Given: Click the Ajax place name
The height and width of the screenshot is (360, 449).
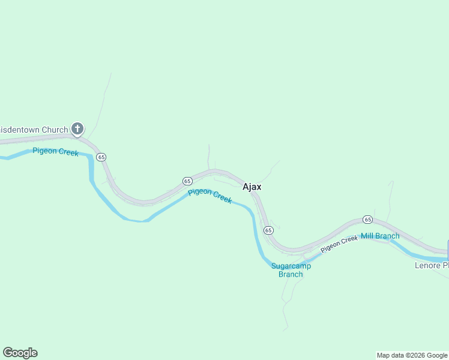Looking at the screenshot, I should pyautogui.click(x=252, y=187).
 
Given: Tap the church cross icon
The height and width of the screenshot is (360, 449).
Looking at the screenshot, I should pyautogui.click(x=77, y=128).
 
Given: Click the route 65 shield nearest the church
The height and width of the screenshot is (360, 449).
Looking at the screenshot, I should pyautogui.click(x=101, y=157).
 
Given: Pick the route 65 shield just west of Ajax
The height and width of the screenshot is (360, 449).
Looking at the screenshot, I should pyautogui.click(x=187, y=181).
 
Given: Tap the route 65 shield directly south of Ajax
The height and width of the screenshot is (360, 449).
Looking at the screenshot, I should pyautogui.click(x=268, y=230).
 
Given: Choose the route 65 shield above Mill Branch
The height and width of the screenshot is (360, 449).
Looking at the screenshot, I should pyautogui.click(x=367, y=220).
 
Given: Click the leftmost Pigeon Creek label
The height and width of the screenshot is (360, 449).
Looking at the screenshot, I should pyautogui.click(x=55, y=151).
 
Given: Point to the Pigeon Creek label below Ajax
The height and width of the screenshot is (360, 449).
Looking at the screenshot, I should pyautogui.click(x=209, y=196).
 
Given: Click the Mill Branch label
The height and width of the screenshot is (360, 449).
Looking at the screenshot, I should pyautogui.click(x=380, y=236).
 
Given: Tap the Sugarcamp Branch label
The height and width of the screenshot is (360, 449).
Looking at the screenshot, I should pyautogui.click(x=291, y=270).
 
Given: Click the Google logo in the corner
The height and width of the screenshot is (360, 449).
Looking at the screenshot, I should pyautogui.click(x=20, y=353).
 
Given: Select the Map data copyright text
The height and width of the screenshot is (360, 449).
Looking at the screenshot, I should pyautogui.click(x=412, y=355).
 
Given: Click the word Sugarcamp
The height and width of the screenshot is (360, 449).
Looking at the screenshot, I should pyautogui.click(x=291, y=266).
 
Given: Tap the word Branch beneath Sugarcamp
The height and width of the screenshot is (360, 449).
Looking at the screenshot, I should pyautogui.click(x=291, y=275).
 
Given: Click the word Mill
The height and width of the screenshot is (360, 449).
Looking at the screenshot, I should pyautogui.click(x=367, y=236).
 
